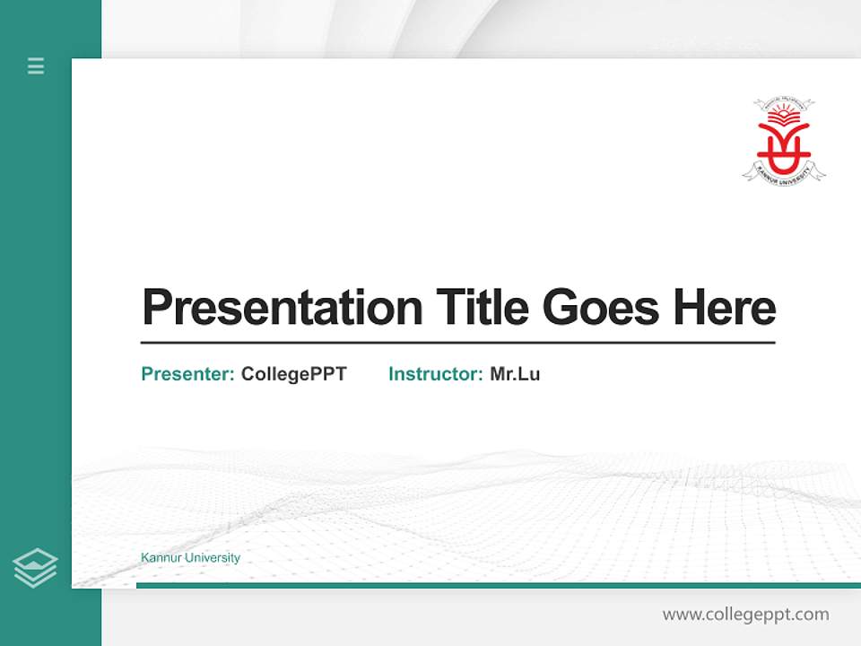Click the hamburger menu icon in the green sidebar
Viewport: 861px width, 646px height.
(x=36, y=65)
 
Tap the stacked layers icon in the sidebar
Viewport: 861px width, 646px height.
(x=35, y=568)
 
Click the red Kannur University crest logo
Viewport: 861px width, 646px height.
(x=783, y=140)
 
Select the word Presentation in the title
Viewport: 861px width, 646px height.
(x=282, y=308)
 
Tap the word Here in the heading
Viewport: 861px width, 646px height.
(x=725, y=307)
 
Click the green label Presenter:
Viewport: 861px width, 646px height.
(x=187, y=374)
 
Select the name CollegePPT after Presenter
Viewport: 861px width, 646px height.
(x=293, y=374)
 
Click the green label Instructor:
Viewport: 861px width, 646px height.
(x=435, y=374)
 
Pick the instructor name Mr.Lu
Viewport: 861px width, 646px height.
(x=515, y=374)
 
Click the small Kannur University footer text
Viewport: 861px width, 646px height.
(x=190, y=558)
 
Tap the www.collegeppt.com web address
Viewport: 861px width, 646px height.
(x=745, y=615)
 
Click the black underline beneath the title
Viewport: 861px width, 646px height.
(x=457, y=343)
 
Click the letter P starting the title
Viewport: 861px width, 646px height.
(x=157, y=308)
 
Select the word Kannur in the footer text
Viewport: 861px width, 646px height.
(x=159, y=558)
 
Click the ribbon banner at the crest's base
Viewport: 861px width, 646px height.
(x=783, y=170)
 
